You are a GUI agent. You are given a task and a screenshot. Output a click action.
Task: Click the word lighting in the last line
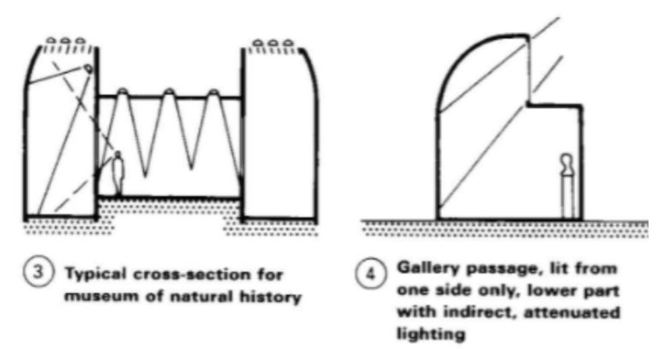[431, 333]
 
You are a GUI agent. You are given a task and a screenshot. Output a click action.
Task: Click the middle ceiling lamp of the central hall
[169, 92]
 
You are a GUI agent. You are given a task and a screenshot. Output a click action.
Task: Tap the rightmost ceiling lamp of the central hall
[214, 92]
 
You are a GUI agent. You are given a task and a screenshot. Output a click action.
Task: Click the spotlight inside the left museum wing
[89, 69]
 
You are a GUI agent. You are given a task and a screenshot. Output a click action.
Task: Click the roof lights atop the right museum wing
[274, 44]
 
